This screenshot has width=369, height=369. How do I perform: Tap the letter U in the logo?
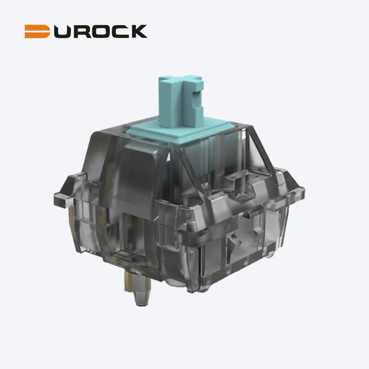(62, 31)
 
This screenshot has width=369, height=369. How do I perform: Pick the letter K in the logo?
(139, 31)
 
